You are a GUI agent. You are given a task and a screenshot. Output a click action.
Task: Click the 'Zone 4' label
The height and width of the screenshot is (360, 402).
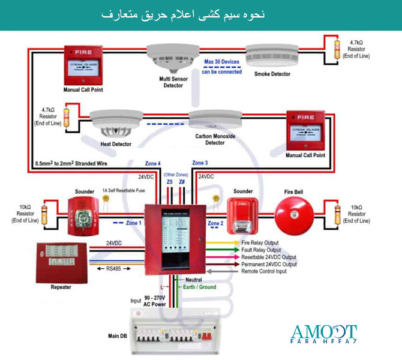[152, 163]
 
